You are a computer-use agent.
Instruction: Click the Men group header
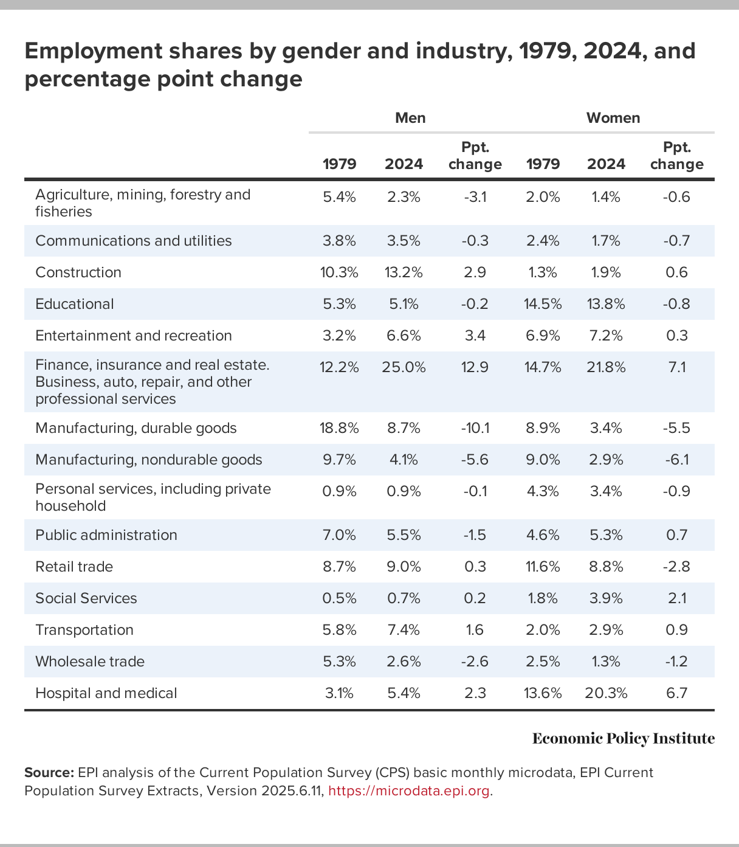(410, 118)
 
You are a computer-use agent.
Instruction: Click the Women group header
(613, 118)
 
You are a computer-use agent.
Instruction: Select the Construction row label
(78, 272)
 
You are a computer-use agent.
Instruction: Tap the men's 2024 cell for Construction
(404, 272)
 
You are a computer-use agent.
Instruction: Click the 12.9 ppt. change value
(475, 367)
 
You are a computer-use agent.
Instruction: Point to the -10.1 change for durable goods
(475, 428)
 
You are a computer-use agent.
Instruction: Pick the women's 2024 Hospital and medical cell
(606, 693)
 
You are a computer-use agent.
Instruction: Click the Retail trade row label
(74, 567)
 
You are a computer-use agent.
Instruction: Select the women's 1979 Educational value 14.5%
(543, 304)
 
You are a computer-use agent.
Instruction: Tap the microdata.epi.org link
(408, 791)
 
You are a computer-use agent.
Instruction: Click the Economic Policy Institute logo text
(623, 739)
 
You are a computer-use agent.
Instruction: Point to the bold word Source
(49, 773)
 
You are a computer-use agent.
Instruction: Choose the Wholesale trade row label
(90, 662)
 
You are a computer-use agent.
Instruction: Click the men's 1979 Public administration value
(339, 535)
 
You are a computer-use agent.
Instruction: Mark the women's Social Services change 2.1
(676, 598)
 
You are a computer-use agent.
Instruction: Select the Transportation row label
(84, 630)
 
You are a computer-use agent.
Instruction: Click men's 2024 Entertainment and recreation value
(404, 336)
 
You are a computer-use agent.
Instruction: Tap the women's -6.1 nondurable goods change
(676, 460)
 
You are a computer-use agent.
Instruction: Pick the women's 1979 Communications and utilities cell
(543, 241)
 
